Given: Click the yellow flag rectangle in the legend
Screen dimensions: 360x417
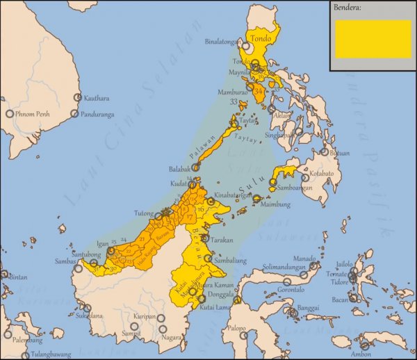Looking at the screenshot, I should pyautogui.click(x=373, y=38).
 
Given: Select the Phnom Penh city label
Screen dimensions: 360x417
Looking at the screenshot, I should pyautogui.click(x=35, y=113).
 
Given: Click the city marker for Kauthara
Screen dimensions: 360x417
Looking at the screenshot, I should pyautogui.click(x=76, y=98).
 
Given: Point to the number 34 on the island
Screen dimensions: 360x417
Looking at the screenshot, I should pyautogui.click(x=259, y=91).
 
